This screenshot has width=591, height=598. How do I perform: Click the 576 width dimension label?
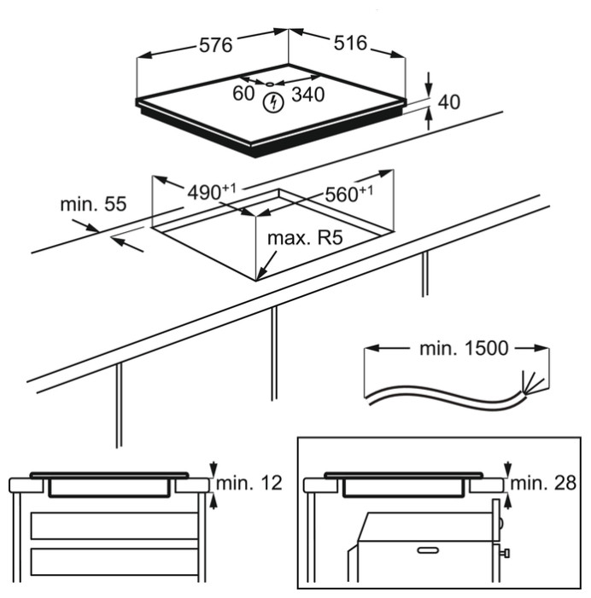tap(215, 45)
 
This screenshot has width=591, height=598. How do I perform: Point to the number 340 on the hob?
tap(307, 95)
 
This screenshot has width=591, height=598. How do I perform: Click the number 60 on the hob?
tap(243, 93)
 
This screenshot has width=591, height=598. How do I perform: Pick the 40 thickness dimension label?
tap(448, 102)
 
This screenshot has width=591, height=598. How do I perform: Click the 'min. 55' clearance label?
tap(93, 206)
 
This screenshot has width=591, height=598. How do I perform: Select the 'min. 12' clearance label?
tap(249, 484)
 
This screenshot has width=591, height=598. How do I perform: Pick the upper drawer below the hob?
tap(114, 525)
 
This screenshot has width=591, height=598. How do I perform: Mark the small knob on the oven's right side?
tap(506, 555)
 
